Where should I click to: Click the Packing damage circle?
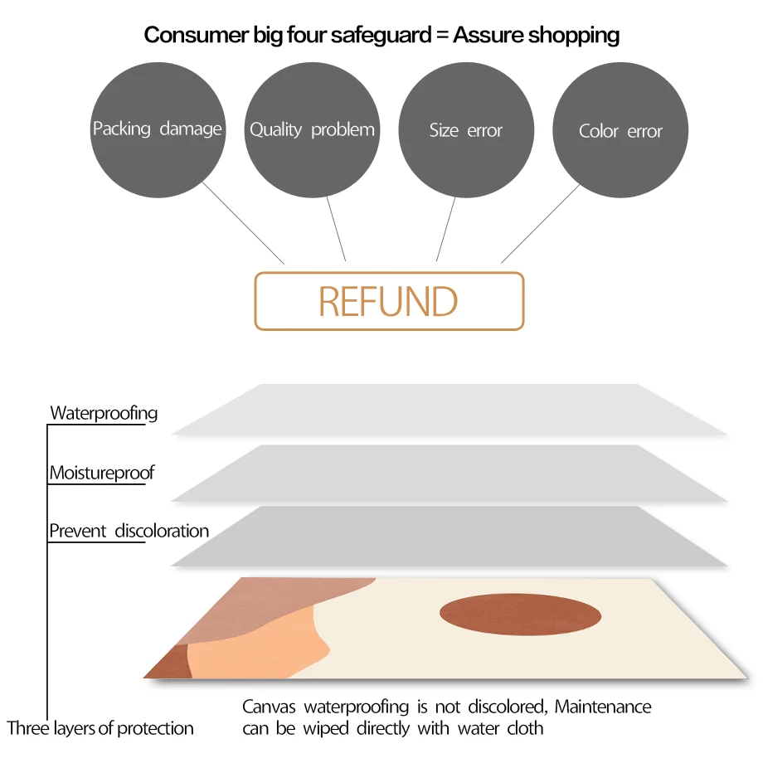pos(157,129)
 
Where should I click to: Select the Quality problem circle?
pos(312,129)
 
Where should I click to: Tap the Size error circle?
pos(466,130)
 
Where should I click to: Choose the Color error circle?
pos(620,131)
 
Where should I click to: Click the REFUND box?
pos(389,301)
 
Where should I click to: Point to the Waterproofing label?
pos(104,413)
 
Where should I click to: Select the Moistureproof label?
pos(102,474)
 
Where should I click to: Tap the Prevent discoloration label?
pos(129,531)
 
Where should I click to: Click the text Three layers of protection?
pos(100,729)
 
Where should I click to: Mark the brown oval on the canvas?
pos(520,615)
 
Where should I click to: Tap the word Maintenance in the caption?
pos(603,707)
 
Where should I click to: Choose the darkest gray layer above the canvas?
pos(448,537)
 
